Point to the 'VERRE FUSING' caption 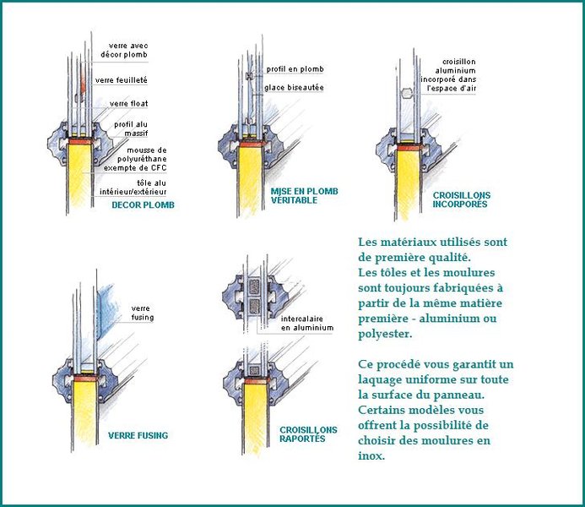tap(138, 436)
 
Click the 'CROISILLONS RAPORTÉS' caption tap(307, 434)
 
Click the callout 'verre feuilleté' tap(122, 80)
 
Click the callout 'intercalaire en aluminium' tap(308, 323)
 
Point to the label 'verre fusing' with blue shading tap(141, 313)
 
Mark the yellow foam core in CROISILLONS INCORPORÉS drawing tap(408, 182)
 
